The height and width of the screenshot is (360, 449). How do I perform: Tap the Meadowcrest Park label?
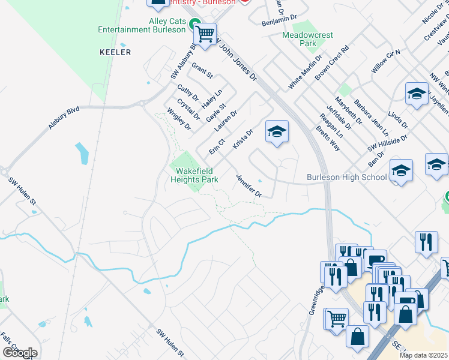coord(307,39)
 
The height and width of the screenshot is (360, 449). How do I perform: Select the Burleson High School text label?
coord(347,177)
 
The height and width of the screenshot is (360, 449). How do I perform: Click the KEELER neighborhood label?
coord(115,52)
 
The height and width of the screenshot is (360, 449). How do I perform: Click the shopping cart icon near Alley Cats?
coord(205,34)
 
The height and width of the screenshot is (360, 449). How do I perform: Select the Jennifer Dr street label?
coord(249,185)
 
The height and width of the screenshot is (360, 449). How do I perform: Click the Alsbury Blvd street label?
coord(64,118)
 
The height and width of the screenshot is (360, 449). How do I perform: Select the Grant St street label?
coord(202,70)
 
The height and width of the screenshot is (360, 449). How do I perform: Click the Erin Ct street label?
coord(217,145)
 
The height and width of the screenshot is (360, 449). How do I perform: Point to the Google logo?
coord(20,352)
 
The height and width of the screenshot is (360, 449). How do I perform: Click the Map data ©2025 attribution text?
coord(423,355)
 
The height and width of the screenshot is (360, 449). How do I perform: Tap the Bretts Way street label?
coord(328,139)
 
